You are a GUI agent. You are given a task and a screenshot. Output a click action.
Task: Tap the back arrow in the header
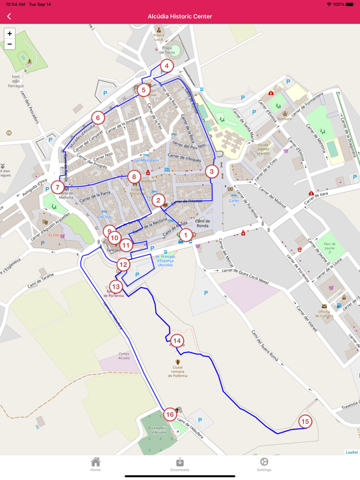[x=9, y=16]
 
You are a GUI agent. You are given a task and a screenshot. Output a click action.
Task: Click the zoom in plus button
[x=9, y=33]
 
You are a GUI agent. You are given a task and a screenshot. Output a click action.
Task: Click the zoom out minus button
[x=9, y=44]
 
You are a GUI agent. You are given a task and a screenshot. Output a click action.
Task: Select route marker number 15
[x=305, y=422]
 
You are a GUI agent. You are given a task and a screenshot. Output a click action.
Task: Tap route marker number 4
[x=166, y=66]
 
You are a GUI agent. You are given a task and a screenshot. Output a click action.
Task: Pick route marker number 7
[x=58, y=188]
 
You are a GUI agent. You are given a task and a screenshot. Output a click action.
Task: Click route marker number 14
[x=177, y=341]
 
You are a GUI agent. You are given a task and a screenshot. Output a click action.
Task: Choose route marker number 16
[x=170, y=414]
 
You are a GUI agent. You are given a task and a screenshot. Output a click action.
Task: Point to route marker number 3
[x=211, y=172]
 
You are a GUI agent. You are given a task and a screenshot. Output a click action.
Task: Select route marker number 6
[x=98, y=118]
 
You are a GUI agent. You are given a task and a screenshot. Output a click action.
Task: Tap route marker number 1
[x=185, y=235]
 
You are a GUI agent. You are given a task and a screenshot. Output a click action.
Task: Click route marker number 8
[x=134, y=177]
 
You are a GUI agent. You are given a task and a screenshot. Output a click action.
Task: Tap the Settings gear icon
[x=264, y=463]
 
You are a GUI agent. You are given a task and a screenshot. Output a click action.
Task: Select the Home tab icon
[x=96, y=463]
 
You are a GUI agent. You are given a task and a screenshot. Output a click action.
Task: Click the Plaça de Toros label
[x=167, y=50]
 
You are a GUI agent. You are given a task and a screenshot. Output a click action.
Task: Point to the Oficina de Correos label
[x=323, y=313]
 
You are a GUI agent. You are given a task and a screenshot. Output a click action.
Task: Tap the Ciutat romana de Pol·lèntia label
[x=177, y=372]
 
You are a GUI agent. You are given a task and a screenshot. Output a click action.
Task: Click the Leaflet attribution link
[x=352, y=452]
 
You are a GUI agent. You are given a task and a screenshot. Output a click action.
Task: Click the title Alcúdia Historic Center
[x=180, y=16]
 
